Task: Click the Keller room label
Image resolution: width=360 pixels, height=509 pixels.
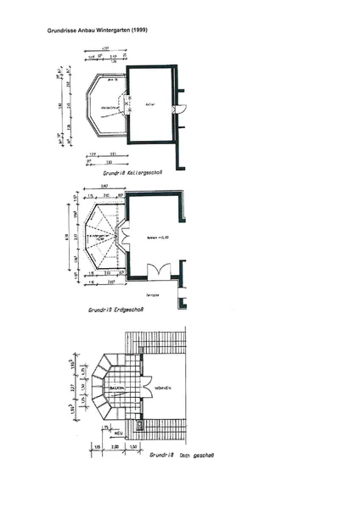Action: (150, 104)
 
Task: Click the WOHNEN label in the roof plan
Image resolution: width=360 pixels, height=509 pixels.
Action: (162, 388)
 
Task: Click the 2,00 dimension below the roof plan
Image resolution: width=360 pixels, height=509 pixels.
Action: (115, 444)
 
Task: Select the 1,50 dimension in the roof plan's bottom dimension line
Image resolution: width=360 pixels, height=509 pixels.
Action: (135, 444)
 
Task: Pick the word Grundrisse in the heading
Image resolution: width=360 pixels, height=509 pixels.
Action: (63, 31)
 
